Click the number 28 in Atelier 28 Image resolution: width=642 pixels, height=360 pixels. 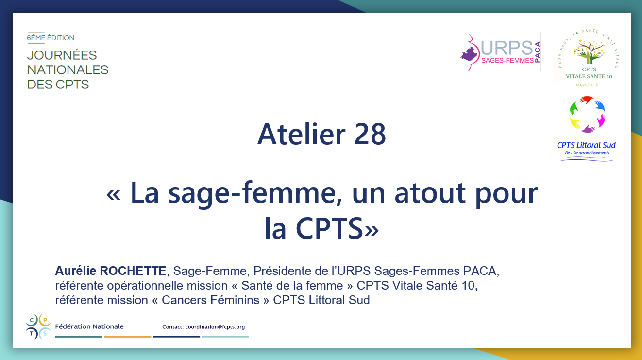[370, 134]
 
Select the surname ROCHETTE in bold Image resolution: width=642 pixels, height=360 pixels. [133, 271]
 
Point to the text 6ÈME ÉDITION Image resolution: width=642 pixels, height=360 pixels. [51, 38]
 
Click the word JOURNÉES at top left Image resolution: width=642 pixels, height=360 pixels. [62, 55]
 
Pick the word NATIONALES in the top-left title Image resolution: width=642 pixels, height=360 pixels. [68, 70]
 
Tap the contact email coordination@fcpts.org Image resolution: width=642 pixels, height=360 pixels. [215, 327]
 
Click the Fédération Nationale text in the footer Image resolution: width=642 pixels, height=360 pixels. [89, 326]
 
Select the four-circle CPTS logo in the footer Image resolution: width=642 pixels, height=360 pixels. [38, 327]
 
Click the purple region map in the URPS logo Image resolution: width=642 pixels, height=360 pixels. [470, 54]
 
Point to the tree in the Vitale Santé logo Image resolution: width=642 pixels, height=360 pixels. [589, 52]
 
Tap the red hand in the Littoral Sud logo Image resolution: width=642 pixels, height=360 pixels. [587, 100]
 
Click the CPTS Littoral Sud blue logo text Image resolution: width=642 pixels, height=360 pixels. [586, 145]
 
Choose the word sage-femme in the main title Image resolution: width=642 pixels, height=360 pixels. [252, 193]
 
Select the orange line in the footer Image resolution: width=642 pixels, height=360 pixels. [128, 337]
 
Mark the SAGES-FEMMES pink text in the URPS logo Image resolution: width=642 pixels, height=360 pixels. [507, 60]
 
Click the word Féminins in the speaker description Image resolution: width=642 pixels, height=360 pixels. [235, 300]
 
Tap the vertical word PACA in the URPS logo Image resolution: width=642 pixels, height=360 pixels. [538, 52]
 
